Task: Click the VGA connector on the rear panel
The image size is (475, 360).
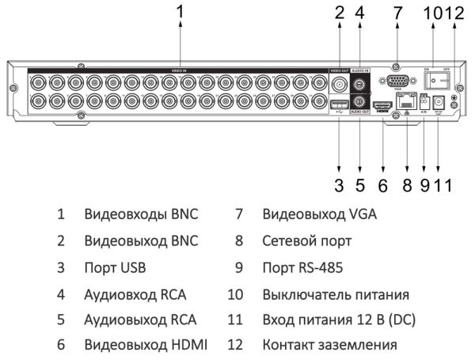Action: pyautogui.click(x=397, y=81)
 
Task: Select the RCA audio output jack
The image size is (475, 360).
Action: pyautogui.click(x=359, y=101)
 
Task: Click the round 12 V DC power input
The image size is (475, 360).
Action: pyautogui.click(x=439, y=102)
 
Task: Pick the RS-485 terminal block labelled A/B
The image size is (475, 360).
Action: pyautogui.click(x=424, y=101)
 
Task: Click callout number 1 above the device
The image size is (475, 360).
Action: pyautogui.click(x=180, y=12)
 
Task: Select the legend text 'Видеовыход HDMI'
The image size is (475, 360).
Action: pyautogui.click(x=146, y=346)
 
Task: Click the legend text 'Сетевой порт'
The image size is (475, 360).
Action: pyautogui.click(x=306, y=241)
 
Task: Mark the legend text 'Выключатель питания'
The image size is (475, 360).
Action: pyautogui.click(x=335, y=294)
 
